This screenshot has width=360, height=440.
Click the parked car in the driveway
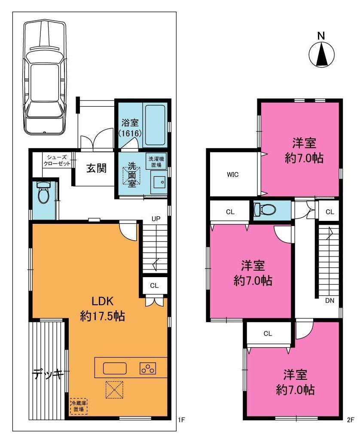[x=45, y=77]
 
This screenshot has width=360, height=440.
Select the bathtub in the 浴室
[x=155, y=125]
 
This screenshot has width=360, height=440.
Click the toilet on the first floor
[x=43, y=192]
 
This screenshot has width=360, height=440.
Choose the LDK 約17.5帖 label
[x=102, y=309]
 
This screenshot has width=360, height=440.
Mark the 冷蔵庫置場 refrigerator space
[x=79, y=406]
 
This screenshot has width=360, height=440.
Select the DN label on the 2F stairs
[x=329, y=301]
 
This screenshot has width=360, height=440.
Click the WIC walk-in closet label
[x=233, y=174]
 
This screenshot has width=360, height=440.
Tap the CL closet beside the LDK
[x=154, y=285]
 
